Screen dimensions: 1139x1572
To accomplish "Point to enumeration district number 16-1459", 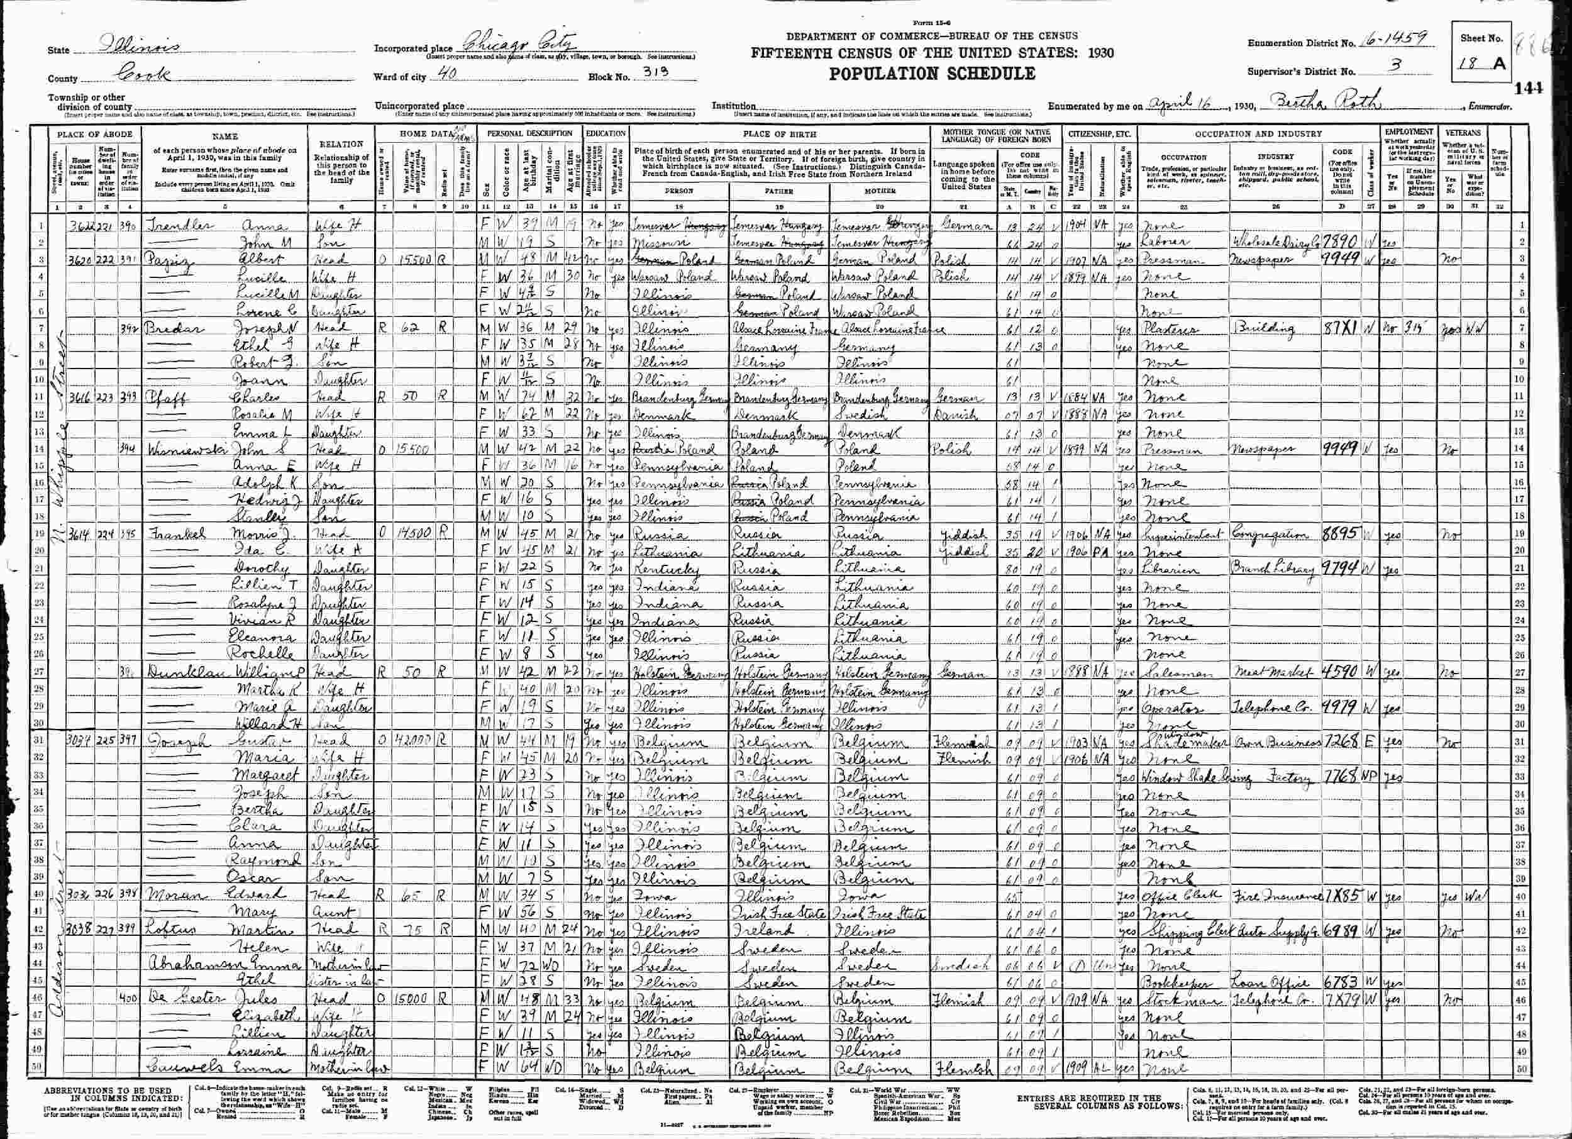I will [1382, 41].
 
